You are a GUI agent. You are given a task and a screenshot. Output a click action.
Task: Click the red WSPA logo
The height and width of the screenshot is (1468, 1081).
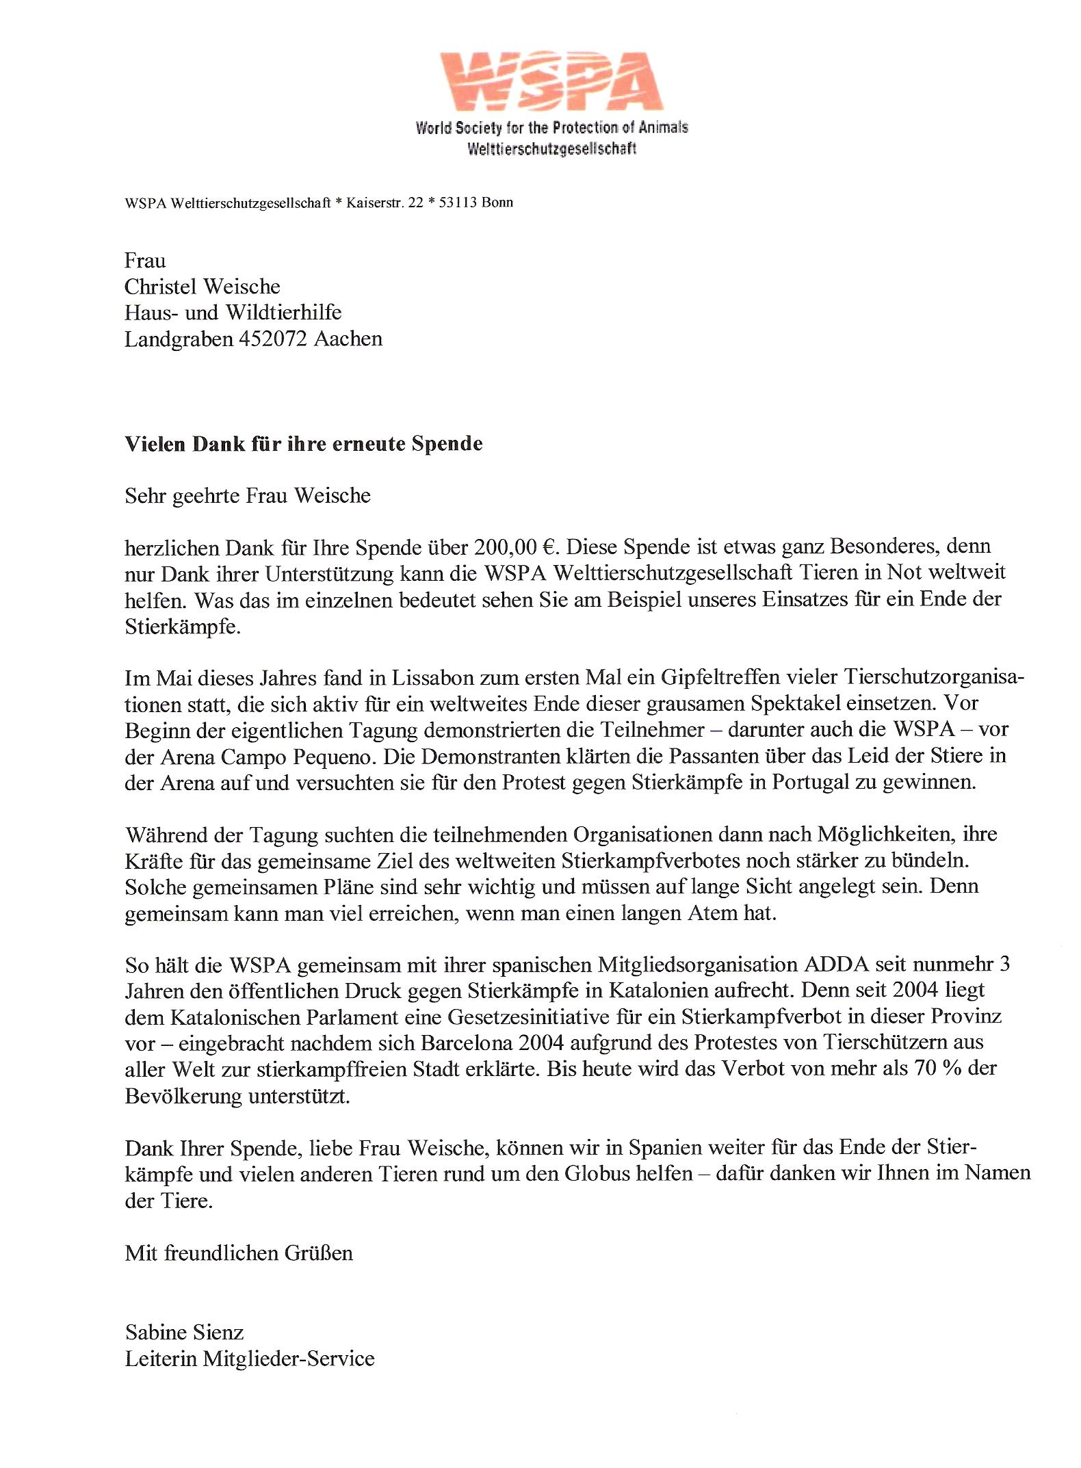tap(551, 81)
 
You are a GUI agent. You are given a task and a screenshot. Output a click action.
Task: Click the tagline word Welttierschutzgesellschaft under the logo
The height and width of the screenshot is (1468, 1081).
tap(551, 148)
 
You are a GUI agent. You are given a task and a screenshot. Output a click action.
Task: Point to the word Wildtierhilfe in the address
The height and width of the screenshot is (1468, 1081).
tap(283, 313)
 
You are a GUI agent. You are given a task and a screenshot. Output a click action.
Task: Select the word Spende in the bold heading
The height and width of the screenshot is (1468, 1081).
tap(447, 444)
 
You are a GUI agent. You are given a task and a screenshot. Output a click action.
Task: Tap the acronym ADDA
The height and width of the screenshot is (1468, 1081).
tap(836, 965)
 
